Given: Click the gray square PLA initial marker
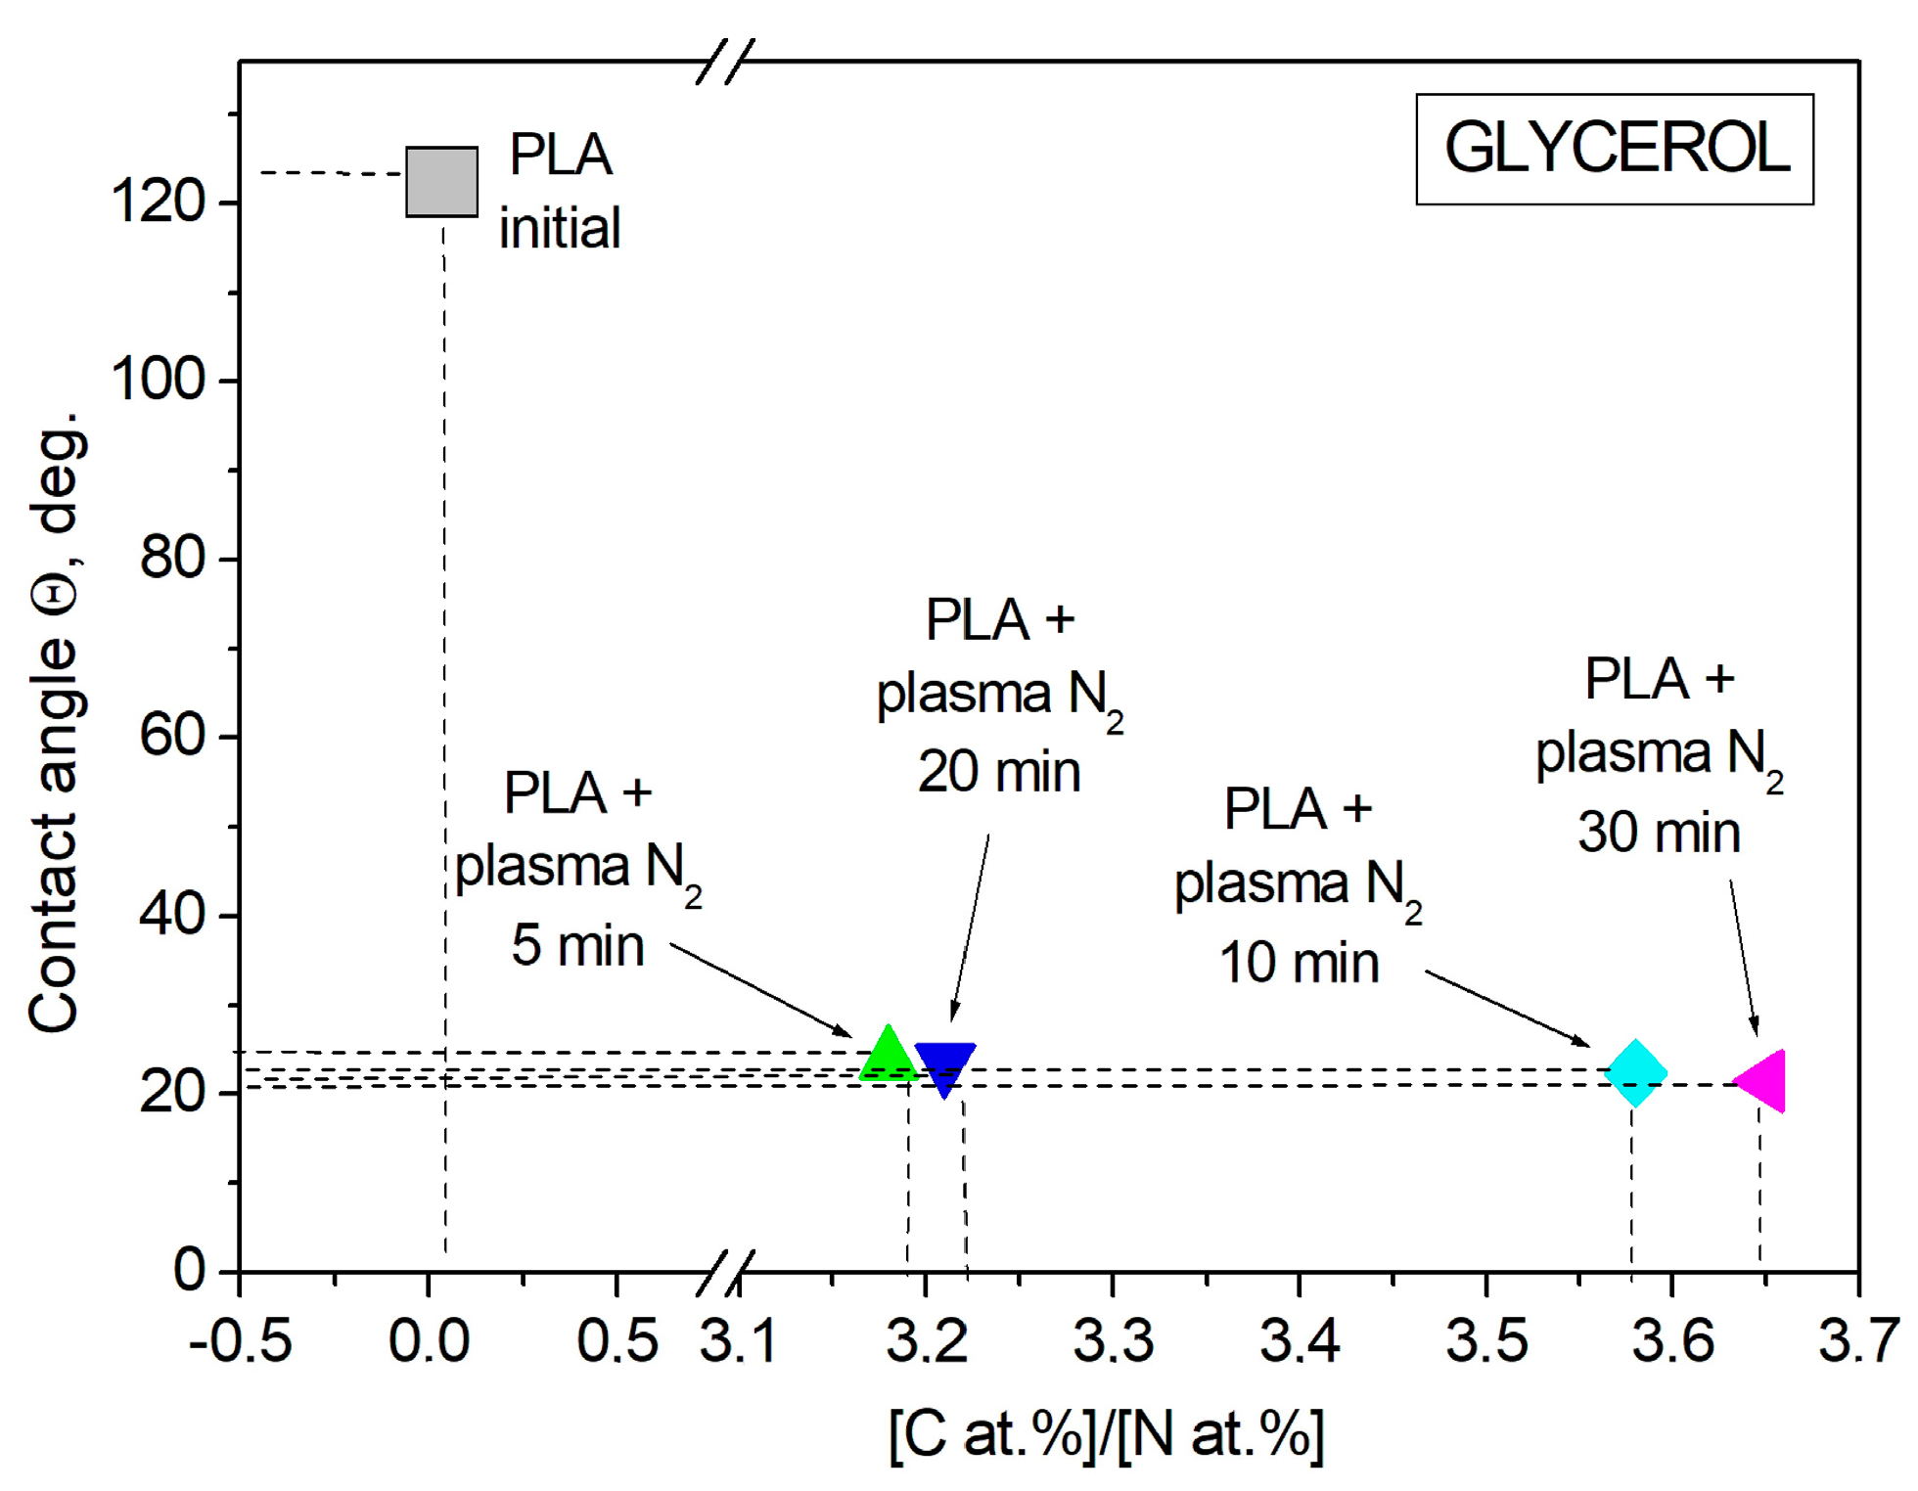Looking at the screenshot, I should (441, 182).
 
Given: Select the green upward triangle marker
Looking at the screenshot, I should (888, 1057).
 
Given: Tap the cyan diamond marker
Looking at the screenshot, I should (1635, 1073).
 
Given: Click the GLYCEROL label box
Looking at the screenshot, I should (1615, 149).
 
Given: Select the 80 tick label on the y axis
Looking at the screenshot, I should (171, 559).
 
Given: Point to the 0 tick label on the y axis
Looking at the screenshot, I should (189, 1270).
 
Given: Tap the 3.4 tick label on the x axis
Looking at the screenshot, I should (1300, 1340).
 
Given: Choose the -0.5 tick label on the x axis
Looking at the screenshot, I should (240, 1340).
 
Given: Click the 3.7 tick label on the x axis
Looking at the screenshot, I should (1857, 1340).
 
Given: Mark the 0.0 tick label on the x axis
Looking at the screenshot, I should (429, 1340).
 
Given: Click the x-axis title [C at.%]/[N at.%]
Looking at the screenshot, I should (1106, 1435).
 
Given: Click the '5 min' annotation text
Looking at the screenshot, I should (577, 946).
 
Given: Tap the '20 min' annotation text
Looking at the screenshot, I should (998, 772).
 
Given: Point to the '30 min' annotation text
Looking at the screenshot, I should (1659, 833).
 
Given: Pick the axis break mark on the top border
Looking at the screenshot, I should (725, 62).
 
